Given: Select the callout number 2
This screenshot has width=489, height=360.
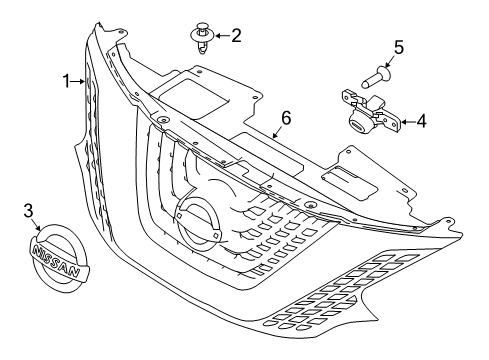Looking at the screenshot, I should click(236, 36).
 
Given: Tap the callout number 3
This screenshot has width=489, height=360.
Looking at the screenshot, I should click(29, 210).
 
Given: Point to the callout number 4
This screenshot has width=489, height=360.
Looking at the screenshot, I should click(421, 122).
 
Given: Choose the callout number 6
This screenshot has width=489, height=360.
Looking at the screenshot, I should click(285, 118).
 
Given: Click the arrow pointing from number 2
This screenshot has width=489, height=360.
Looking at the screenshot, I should click(222, 37).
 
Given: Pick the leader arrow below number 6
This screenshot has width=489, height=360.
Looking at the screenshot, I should click(278, 130).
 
